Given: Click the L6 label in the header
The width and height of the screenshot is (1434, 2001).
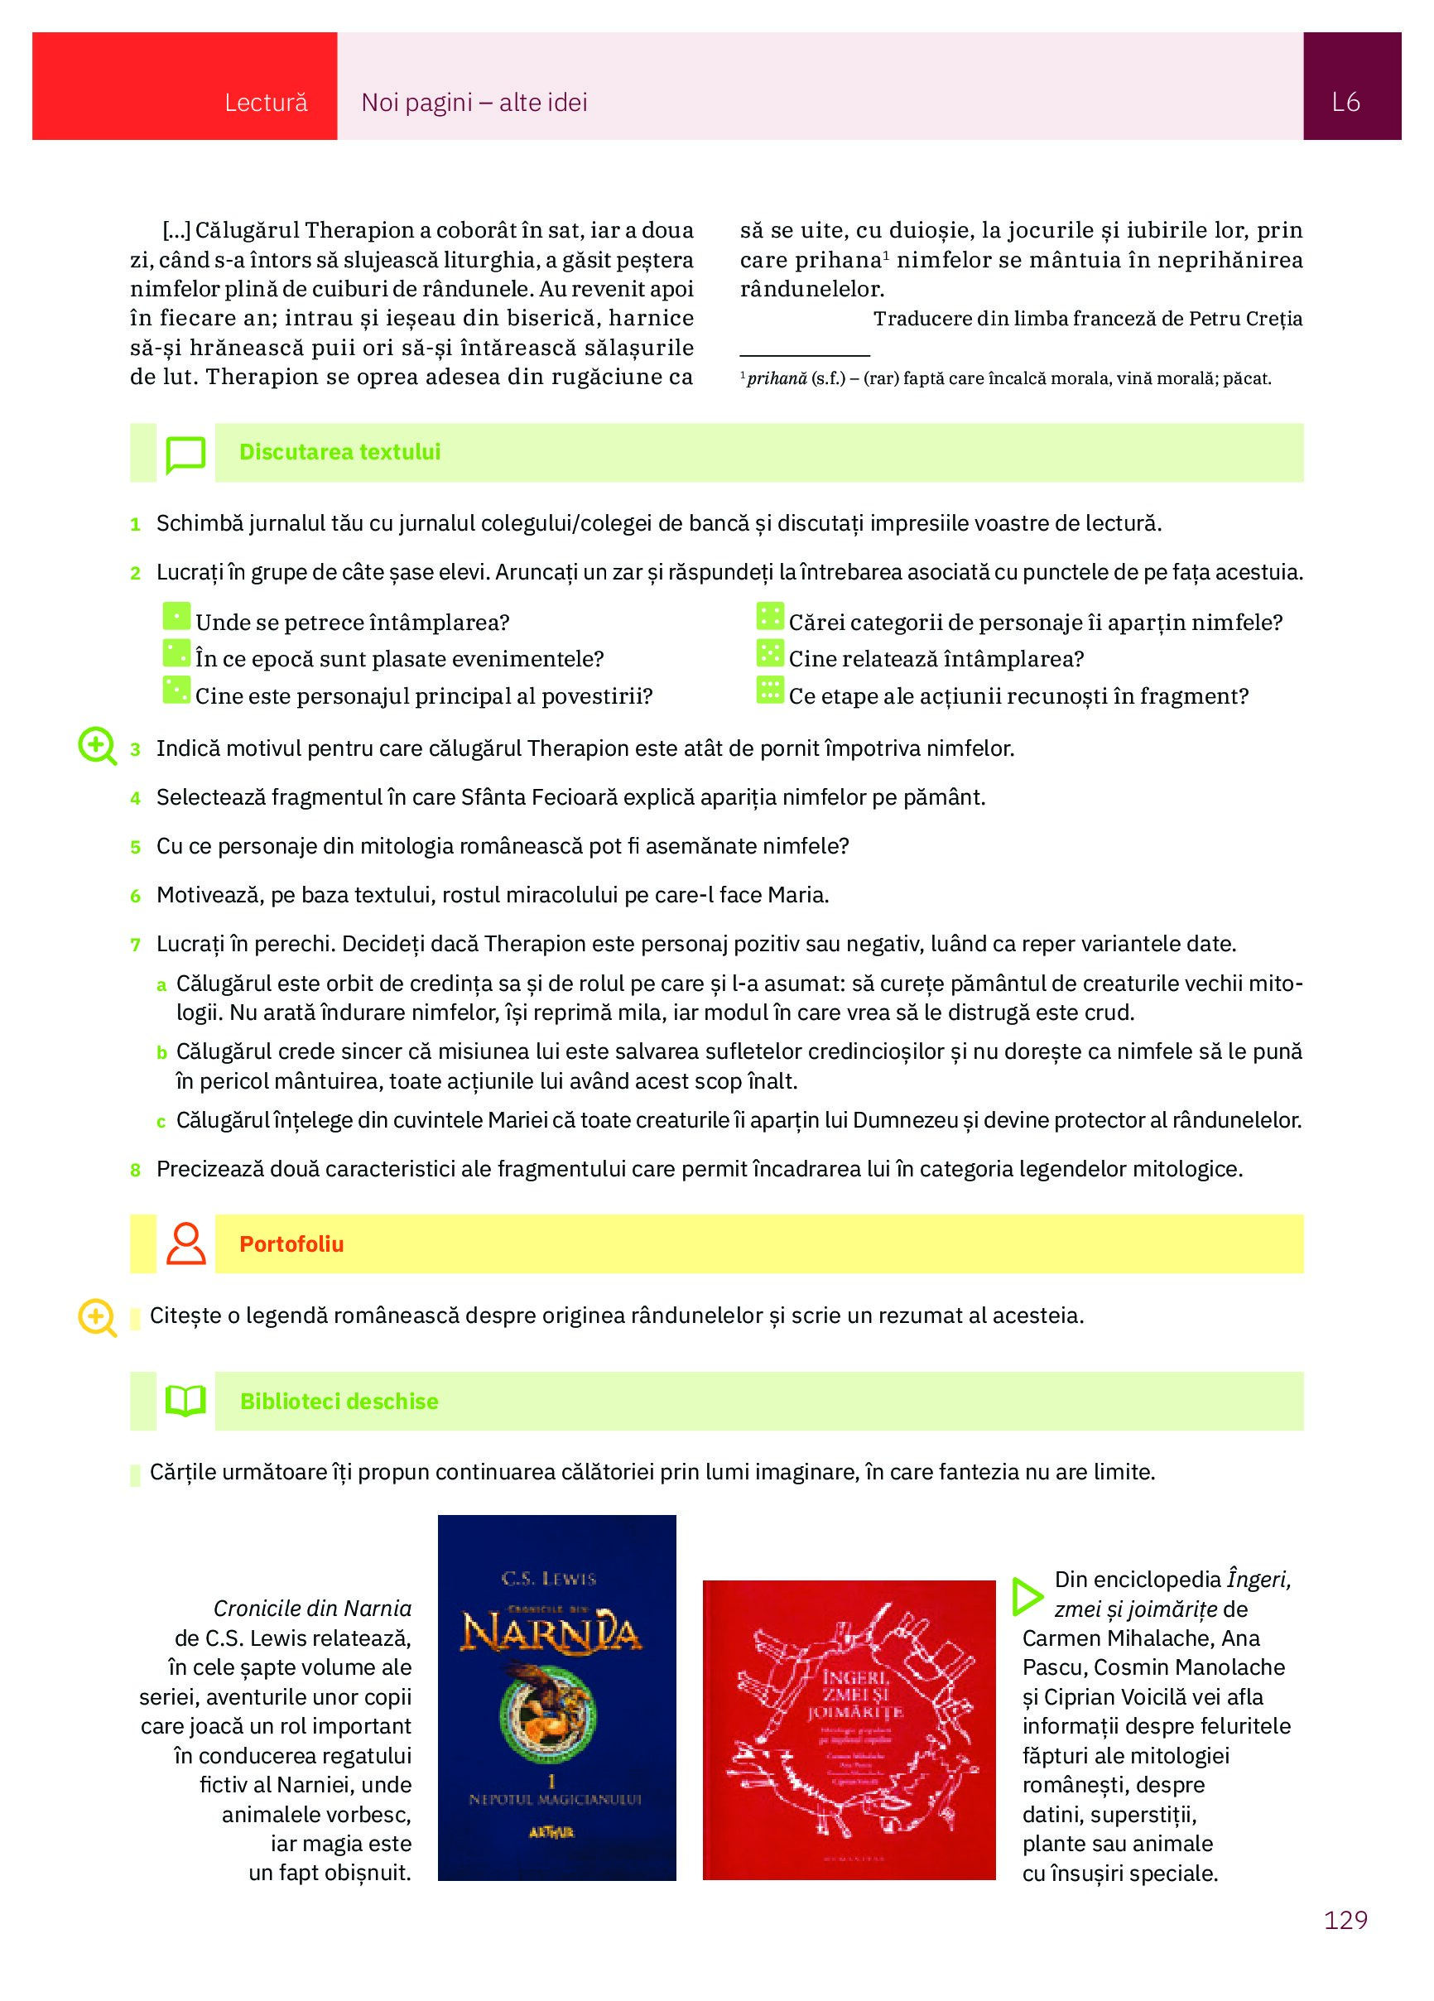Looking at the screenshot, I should (x=1345, y=103).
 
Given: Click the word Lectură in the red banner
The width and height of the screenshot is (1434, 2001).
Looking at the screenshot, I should (x=266, y=103).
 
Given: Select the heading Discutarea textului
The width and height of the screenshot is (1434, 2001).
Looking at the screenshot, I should (x=339, y=452).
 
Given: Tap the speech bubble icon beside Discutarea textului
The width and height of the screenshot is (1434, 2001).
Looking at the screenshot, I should (x=185, y=455).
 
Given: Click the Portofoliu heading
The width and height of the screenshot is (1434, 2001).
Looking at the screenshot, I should (x=291, y=1244).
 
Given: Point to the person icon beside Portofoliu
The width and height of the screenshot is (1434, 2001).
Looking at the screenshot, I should (x=185, y=1244).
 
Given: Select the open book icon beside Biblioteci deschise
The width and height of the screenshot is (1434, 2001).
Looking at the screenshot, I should (x=185, y=1401).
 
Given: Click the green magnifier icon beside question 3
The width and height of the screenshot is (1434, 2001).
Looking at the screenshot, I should (x=97, y=747).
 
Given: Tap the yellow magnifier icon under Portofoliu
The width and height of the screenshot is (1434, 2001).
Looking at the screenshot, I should (x=97, y=1318).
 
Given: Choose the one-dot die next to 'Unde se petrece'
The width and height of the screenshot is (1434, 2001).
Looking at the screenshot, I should (x=176, y=617).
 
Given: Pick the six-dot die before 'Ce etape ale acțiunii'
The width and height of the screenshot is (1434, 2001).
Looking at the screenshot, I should (x=769, y=690).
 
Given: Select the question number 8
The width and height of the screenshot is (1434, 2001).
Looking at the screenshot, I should (x=135, y=1171).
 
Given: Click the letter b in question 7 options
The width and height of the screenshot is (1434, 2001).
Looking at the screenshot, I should (x=161, y=1052).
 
